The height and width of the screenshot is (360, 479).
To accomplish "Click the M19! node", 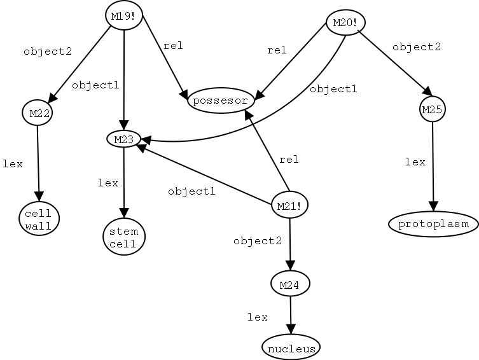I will [x=123, y=16].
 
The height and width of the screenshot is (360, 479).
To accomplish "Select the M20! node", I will [x=345, y=24].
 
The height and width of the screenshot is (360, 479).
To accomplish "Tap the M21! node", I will [x=289, y=205].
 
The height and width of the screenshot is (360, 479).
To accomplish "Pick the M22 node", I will [x=37, y=113].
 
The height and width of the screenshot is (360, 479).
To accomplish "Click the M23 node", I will [x=123, y=138].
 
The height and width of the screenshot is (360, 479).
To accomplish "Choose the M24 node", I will [x=290, y=284].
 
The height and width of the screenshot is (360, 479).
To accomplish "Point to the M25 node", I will [x=433, y=109].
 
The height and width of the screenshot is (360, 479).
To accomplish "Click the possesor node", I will [x=221, y=101].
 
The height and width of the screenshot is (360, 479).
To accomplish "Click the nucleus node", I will [x=291, y=347].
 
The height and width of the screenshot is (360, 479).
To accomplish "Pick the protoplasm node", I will [x=433, y=224].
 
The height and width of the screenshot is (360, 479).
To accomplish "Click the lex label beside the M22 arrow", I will [x=13, y=164].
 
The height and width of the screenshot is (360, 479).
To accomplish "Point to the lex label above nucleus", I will [x=258, y=317].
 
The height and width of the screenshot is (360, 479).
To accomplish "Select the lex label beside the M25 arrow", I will [x=415, y=162].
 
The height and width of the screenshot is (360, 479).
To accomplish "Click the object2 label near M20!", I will [x=417, y=47].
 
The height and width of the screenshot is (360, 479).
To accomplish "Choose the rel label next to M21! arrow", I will [x=288, y=159].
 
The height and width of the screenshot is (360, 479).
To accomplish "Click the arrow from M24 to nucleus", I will [x=291, y=315].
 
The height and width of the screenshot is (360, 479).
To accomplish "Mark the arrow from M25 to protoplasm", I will [x=433, y=165].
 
